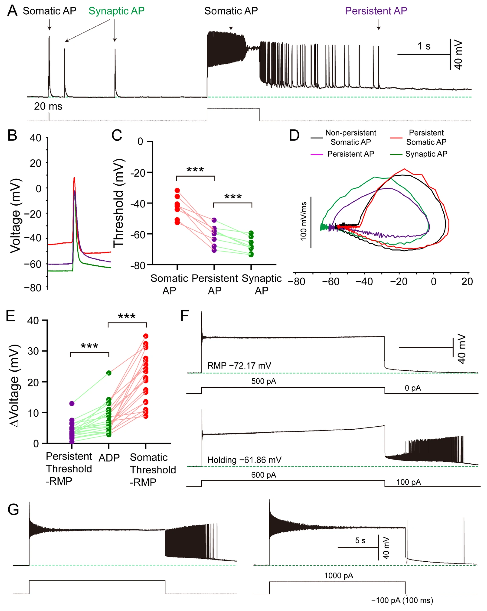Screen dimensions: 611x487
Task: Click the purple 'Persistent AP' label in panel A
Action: tap(376, 11)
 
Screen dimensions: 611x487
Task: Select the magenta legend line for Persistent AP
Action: tap(317, 154)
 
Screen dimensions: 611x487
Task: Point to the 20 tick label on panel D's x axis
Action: tap(467, 281)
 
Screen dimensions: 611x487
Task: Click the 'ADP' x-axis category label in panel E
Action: tap(109, 457)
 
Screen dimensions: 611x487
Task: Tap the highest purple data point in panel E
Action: tap(72, 403)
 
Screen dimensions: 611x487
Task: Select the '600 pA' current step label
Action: tap(263, 475)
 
